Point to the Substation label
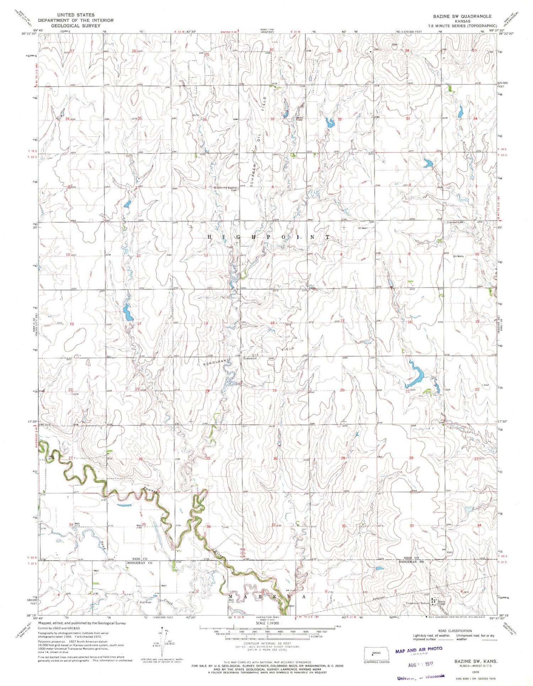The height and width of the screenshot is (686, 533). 250,359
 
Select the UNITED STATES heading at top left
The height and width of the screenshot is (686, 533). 76,15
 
